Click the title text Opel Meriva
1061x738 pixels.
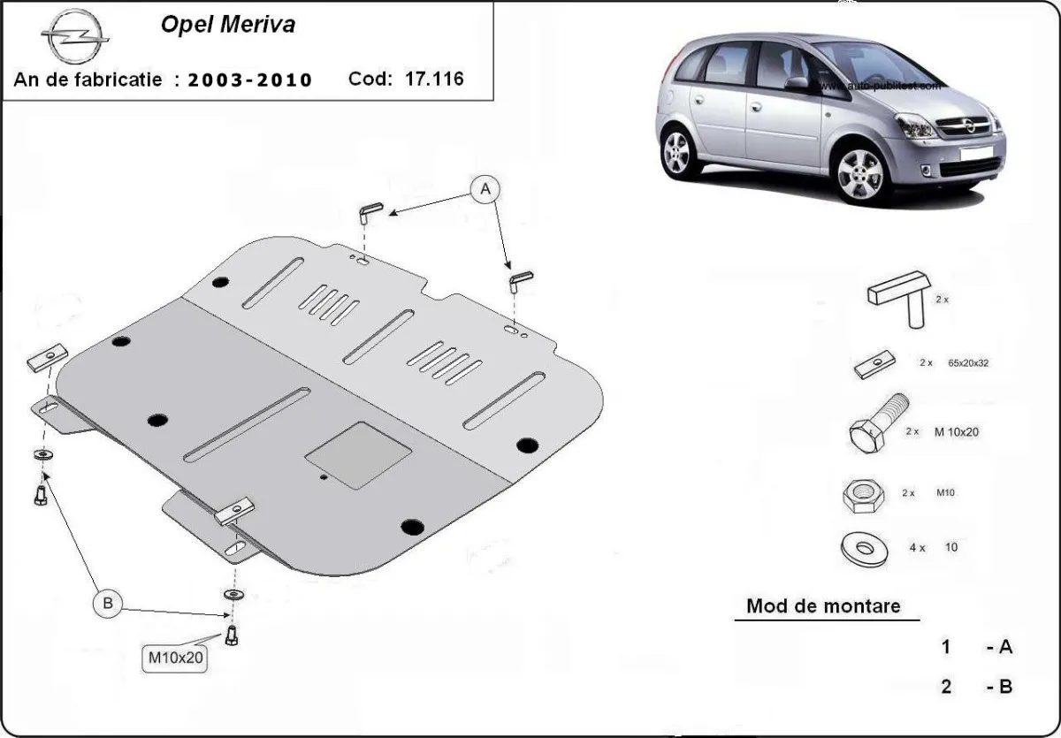pyautogui.click(x=227, y=25)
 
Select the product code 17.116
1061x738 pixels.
pyautogui.click(x=433, y=79)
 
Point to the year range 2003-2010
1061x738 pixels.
pyautogui.click(x=249, y=80)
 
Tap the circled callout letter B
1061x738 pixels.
pyautogui.click(x=108, y=604)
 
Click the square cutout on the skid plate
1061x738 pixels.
pyautogui.click(x=358, y=454)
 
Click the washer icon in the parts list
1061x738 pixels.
pyautogui.click(x=863, y=548)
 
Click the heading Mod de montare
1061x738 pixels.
pyautogui.click(x=823, y=606)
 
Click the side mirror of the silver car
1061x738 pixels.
pyautogui.click(x=797, y=83)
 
